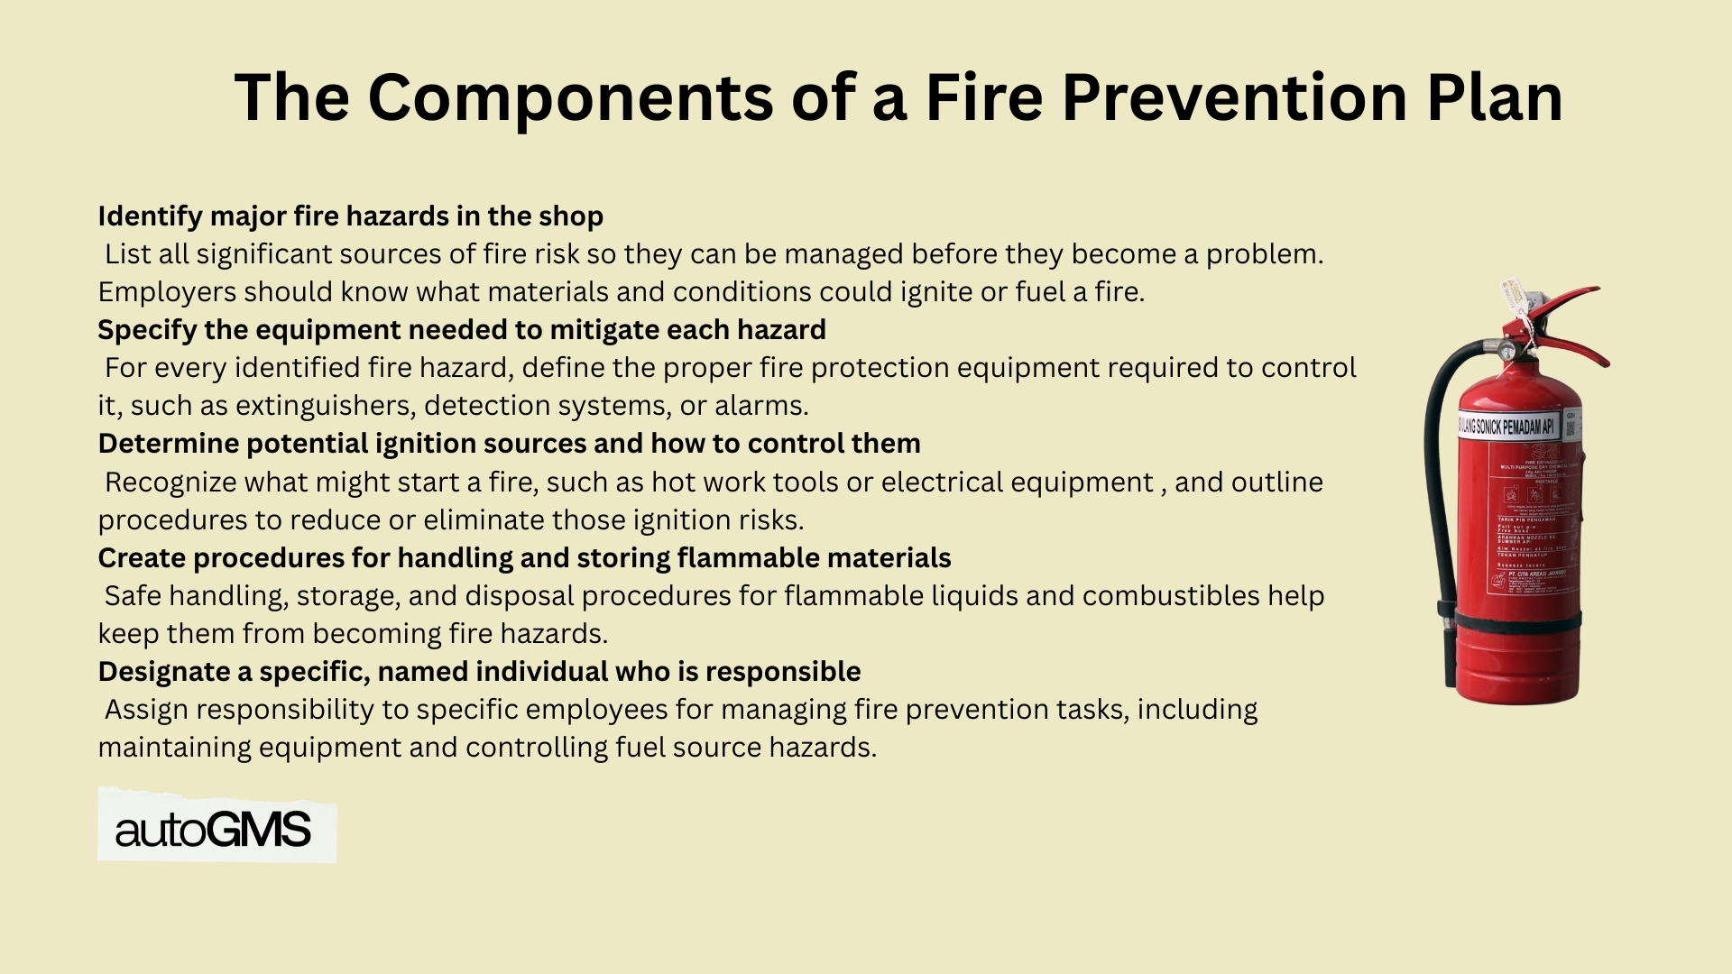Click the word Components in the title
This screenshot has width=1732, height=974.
pyautogui.click(x=570, y=97)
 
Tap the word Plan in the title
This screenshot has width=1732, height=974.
pyautogui.click(x=1494, y=97)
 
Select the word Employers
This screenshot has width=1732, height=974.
pyautogui.click(x=166, y=292)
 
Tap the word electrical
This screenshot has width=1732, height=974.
pyautogui.click(x=942, y=482)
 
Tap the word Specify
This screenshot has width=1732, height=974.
pyautogui.click(x=147, y=330)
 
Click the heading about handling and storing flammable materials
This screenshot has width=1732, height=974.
pyautogui.click(x=524, y=558)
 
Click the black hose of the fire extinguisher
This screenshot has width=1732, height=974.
pyautogui.click(x=1435, y=469)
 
